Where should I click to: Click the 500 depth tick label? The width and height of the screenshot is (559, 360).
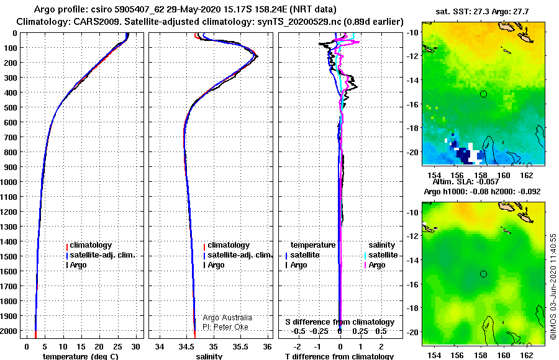click(10, 107)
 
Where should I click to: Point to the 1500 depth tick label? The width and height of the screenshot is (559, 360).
click(9, 256)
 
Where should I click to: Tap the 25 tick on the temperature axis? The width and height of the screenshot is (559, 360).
click(117, 346)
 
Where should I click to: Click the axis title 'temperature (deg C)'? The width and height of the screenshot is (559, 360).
click(81, 356)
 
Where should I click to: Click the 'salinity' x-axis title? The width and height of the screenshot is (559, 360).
click(209, 356)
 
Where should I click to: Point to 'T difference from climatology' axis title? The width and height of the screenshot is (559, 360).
click(339, 356)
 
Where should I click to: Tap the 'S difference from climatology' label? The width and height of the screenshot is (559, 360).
click(340, 322)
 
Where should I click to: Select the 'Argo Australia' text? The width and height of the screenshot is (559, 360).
click(227, 318)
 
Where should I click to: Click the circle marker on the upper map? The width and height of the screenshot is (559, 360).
click(483, 94)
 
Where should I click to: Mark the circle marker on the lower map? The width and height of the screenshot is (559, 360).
click(483, 274)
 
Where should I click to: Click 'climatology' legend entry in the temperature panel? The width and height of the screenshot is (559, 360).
click(89, 245)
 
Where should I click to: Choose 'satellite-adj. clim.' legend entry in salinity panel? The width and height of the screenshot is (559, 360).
click(238, 255)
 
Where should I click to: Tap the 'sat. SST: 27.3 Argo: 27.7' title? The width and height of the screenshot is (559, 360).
click(482, 11)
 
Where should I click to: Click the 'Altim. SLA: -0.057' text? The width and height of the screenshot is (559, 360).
click(466, 182)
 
